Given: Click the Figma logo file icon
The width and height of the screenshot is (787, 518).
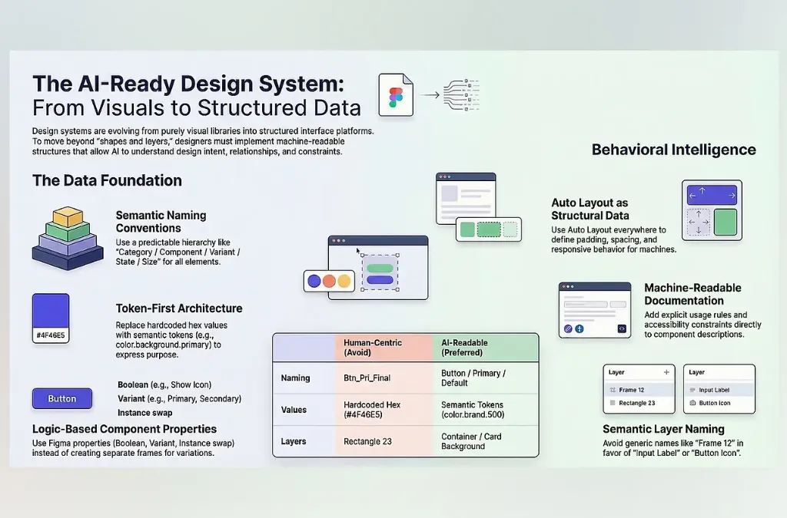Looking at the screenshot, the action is coord(396,94).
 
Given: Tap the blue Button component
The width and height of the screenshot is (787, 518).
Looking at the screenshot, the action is coord(62,399).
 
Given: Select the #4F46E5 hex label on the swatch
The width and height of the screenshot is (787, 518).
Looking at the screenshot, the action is coord(51,335).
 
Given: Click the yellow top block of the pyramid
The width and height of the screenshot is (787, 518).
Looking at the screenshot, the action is coord(68,216).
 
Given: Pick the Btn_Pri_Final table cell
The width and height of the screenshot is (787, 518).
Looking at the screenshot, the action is coord(367,378).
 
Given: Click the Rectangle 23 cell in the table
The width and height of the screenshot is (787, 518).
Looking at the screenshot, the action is coord(367,441).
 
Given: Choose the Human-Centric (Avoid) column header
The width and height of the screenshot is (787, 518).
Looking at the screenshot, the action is coord(373,347).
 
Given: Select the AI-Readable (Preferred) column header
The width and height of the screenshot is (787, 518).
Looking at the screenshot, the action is coord(464,347).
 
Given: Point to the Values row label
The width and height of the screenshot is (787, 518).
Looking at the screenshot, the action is coord(294,410).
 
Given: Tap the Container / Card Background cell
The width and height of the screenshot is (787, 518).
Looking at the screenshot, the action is coord(471,441).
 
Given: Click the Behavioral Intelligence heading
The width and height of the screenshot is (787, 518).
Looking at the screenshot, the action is coord(673,150).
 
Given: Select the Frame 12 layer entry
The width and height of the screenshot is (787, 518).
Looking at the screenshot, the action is coord(632,390).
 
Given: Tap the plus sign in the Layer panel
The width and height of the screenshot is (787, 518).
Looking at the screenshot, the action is coord(666,372).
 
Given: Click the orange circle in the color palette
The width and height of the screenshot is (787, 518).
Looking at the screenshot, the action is coord(329,281).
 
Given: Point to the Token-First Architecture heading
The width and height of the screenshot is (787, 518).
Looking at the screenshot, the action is coord(178,308).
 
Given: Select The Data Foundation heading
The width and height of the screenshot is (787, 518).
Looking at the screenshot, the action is coord(107,180).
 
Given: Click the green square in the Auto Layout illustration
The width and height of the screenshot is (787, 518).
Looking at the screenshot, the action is coord(726,222).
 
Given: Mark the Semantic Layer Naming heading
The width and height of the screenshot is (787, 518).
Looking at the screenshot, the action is coord(663,429).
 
